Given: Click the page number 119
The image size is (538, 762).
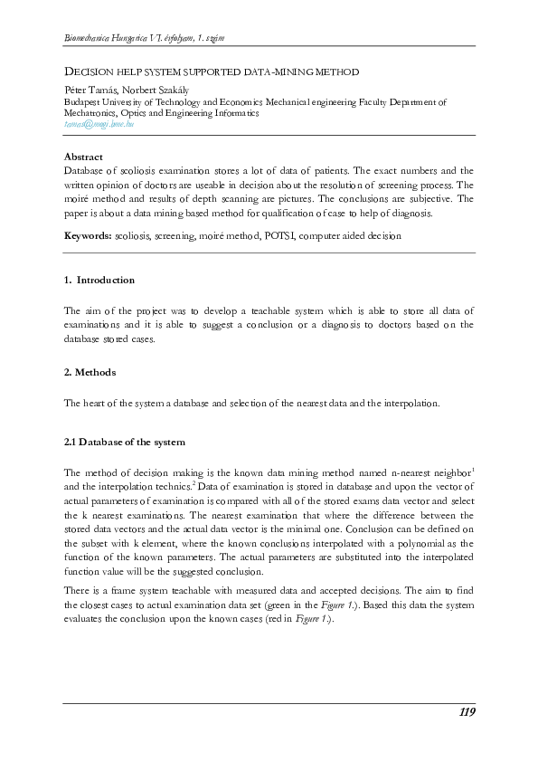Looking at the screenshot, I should (x=466, y=712).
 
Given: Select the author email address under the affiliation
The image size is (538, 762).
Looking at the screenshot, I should (x=99, y=125).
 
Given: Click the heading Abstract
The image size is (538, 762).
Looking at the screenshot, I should (x=83, y=157).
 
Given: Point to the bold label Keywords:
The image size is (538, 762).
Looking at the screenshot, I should (x=88, y=235).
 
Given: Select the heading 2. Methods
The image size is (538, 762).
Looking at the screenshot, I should (x=90, y=372).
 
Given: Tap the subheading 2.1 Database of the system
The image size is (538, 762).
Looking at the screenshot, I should (x=125, y=443).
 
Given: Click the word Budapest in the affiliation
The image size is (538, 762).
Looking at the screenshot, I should (x=85, y=103).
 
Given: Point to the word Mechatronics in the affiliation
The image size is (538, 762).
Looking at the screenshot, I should (x=93, y=114).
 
